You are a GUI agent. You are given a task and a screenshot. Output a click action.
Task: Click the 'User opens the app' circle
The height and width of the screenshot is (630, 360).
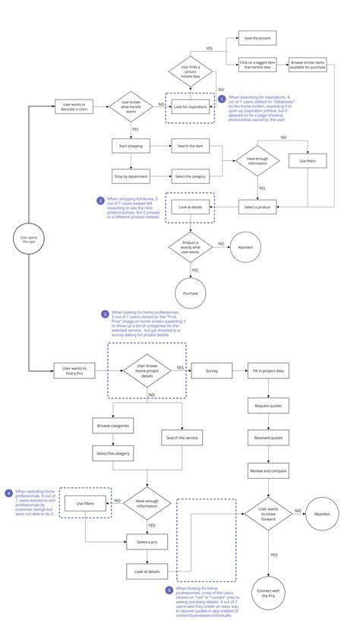click(28, 240)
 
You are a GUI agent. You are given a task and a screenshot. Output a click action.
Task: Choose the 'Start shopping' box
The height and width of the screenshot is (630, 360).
click(132, 145)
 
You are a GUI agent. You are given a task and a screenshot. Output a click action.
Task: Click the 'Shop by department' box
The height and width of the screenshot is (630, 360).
click(132, 176)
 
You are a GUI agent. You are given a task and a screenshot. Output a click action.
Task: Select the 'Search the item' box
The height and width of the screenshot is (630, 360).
click(191, 145)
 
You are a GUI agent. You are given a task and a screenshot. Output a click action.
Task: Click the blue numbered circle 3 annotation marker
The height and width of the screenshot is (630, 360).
click(105, 313)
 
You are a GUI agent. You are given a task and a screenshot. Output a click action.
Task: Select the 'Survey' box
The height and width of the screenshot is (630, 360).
click(211, 370)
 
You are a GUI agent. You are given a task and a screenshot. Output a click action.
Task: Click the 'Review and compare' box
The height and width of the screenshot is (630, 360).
click(270, 471)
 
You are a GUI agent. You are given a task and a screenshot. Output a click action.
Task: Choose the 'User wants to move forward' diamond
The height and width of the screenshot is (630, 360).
click(270, 514)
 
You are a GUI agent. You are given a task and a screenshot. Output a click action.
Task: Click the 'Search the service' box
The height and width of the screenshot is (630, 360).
click(181, 438)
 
